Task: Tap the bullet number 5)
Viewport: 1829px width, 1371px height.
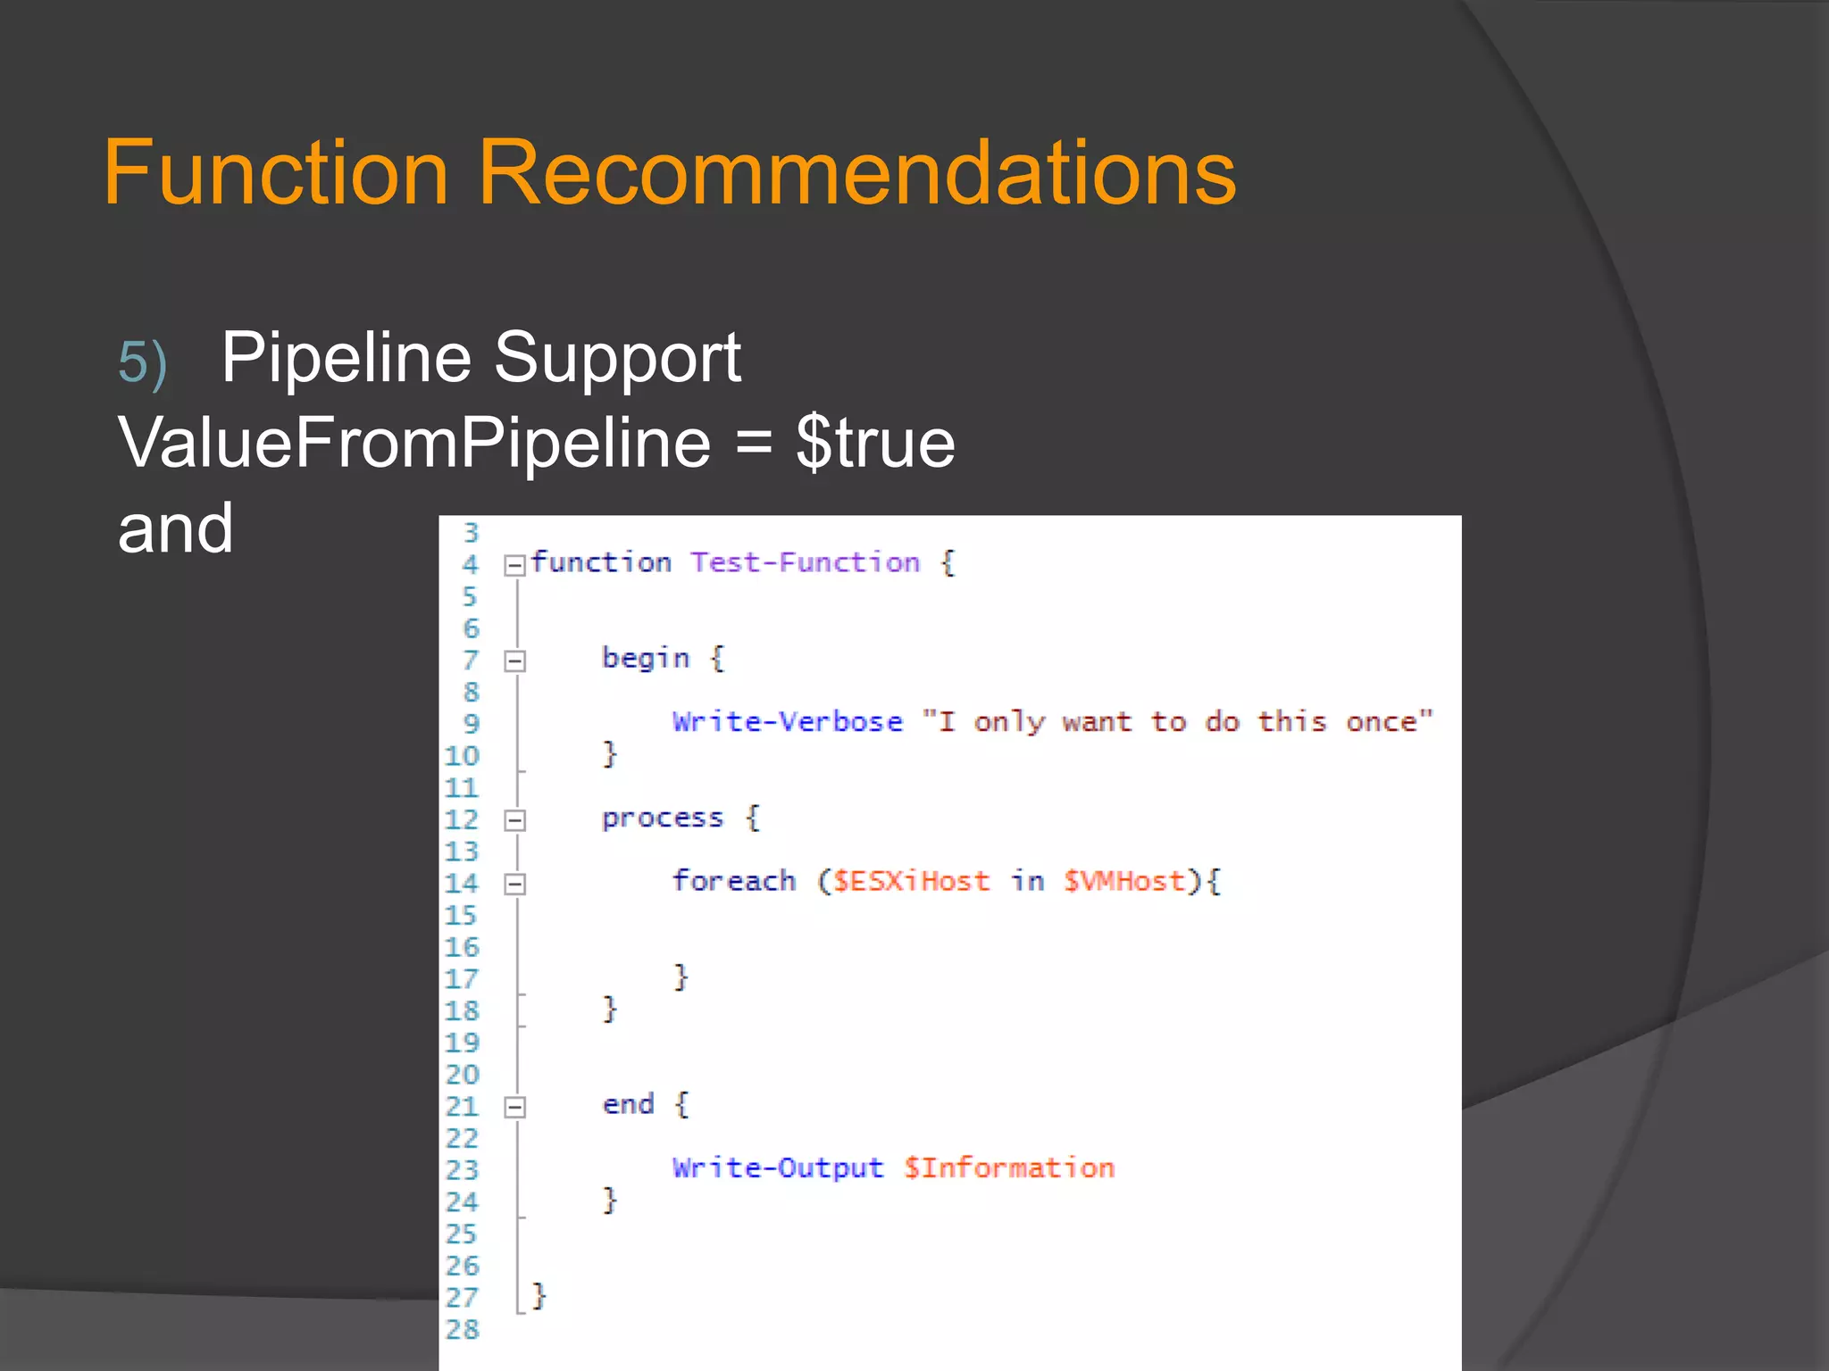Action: (x=143, y=363)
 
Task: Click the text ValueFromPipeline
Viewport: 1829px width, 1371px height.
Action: (x=414, y=444)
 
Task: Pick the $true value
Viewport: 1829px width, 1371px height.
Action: (x=875, y=444)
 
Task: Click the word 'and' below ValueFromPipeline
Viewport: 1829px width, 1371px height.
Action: (x=176, y=528)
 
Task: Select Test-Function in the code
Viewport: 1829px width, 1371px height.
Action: (x=805, y=563)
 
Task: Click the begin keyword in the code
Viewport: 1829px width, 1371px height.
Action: (x=645, y=659)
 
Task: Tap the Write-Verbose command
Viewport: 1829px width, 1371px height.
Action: (x=787, y=721)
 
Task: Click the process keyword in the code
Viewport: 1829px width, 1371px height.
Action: (x=662, y=818)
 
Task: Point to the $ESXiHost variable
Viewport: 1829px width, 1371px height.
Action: (x=911, y=882)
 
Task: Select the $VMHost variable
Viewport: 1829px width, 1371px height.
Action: (x=1123, y=882)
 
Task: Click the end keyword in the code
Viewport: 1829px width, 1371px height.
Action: (x=628, y=1105)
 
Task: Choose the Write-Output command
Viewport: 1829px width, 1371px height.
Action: (x=777, y=1168)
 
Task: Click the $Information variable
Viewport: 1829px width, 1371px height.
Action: (x=1009, y=1168)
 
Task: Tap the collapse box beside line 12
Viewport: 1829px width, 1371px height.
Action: (x=514, y=820)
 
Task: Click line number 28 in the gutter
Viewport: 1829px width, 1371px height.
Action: (x=463, y=1329)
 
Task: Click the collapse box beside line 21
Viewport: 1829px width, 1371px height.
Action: (x=514, y=1108)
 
